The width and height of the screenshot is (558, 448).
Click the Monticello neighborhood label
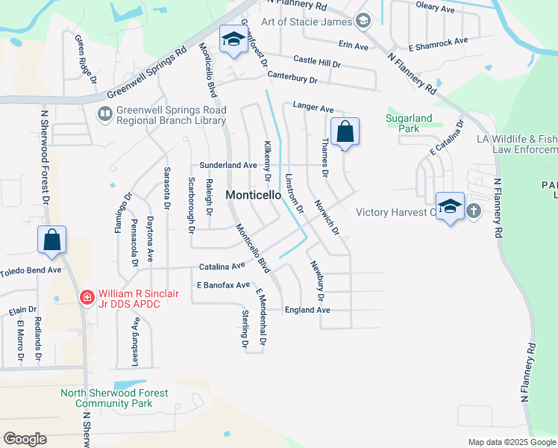tap(254, 195)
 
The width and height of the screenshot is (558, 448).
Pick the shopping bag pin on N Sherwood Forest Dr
tap(51, 240)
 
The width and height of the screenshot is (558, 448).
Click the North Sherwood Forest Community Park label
tap(114, 398)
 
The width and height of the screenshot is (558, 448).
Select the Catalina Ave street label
tap(222, 266)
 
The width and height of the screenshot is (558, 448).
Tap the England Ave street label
tap(307, 309)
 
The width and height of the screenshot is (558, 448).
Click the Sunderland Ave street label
tap(228, 165)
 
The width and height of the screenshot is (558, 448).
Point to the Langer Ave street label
tap(313, 108)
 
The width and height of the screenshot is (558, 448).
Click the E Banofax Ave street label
tap(223, 285)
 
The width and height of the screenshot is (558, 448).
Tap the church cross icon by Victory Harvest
tap(473, 211)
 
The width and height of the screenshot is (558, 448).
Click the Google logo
tap(25, 439)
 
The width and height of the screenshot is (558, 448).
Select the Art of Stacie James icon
tap(363, 21)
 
